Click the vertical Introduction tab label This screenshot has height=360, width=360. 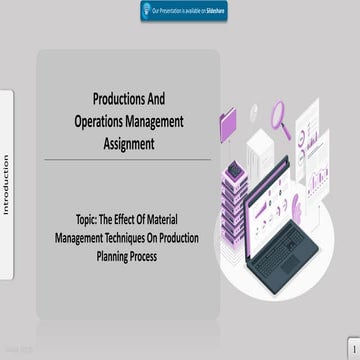point(6,185)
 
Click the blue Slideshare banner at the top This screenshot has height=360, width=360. point(180,10)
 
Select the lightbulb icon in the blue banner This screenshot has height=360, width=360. point(148,10)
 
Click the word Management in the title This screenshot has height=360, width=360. point(154,121)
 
